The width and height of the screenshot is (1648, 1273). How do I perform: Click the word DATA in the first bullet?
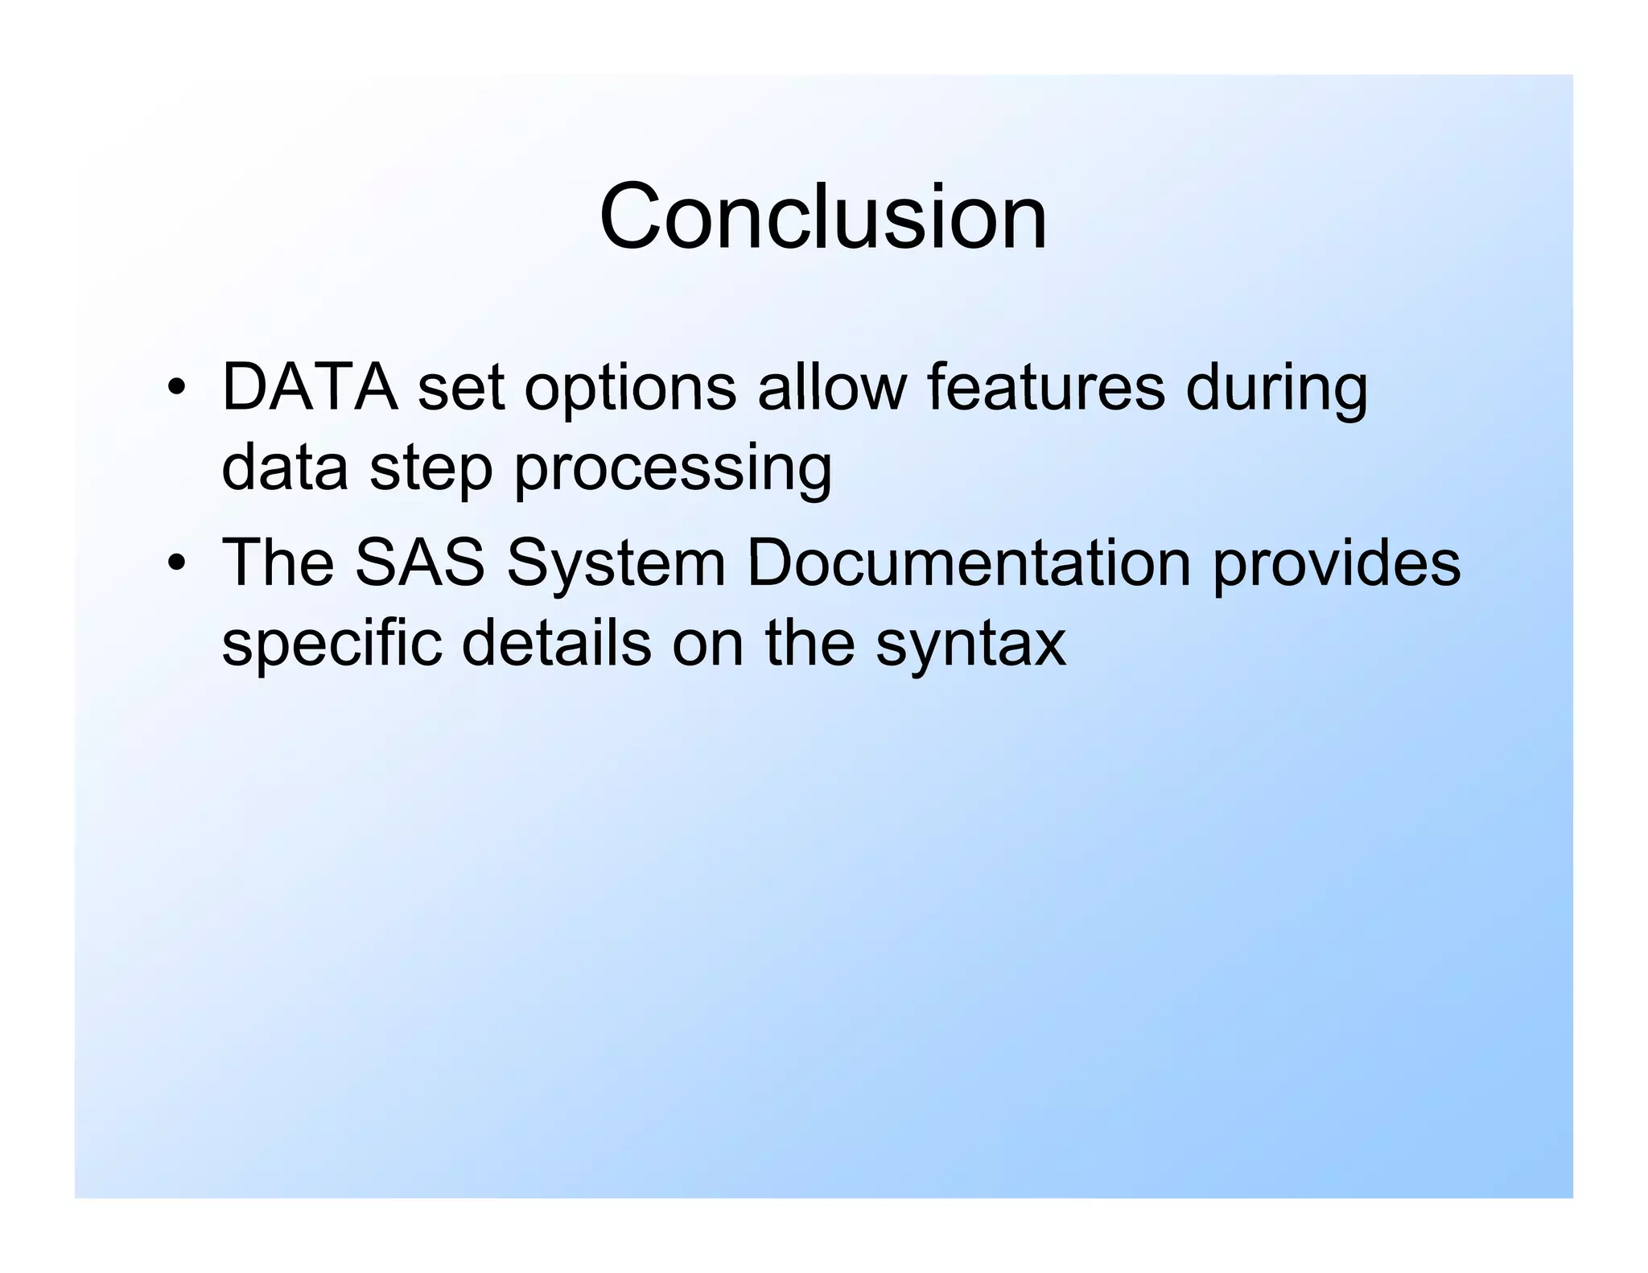[310, 388]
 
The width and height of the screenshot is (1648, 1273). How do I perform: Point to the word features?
[1045, 388]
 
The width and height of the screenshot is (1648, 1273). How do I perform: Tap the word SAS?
[420, 562]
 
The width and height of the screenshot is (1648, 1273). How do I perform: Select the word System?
[616, 564]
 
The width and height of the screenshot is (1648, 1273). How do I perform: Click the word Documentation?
[969, 562]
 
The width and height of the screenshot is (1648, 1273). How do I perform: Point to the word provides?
[1337, 564]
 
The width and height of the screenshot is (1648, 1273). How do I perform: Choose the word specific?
[332, 645]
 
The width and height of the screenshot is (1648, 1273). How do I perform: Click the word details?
[556, 643]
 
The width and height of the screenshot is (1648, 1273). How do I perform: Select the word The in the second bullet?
[278, 562]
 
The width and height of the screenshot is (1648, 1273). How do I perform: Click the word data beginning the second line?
[285, 468]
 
